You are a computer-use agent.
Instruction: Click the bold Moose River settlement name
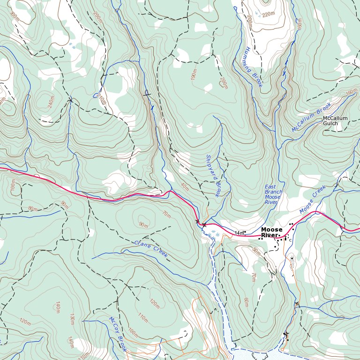click(272, 232)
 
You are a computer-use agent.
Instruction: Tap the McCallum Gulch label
click(335, 121)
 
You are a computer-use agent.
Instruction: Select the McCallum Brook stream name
click(311, 117)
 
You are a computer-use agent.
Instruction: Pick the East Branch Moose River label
click(273, 195)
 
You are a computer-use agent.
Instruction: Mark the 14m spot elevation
click(240, 233)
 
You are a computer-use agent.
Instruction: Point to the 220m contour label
click(269, 15)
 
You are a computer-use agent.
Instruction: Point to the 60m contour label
click(246, 302)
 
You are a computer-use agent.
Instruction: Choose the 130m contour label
click(72, 319)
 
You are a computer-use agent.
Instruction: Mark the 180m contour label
click(13, 187)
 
